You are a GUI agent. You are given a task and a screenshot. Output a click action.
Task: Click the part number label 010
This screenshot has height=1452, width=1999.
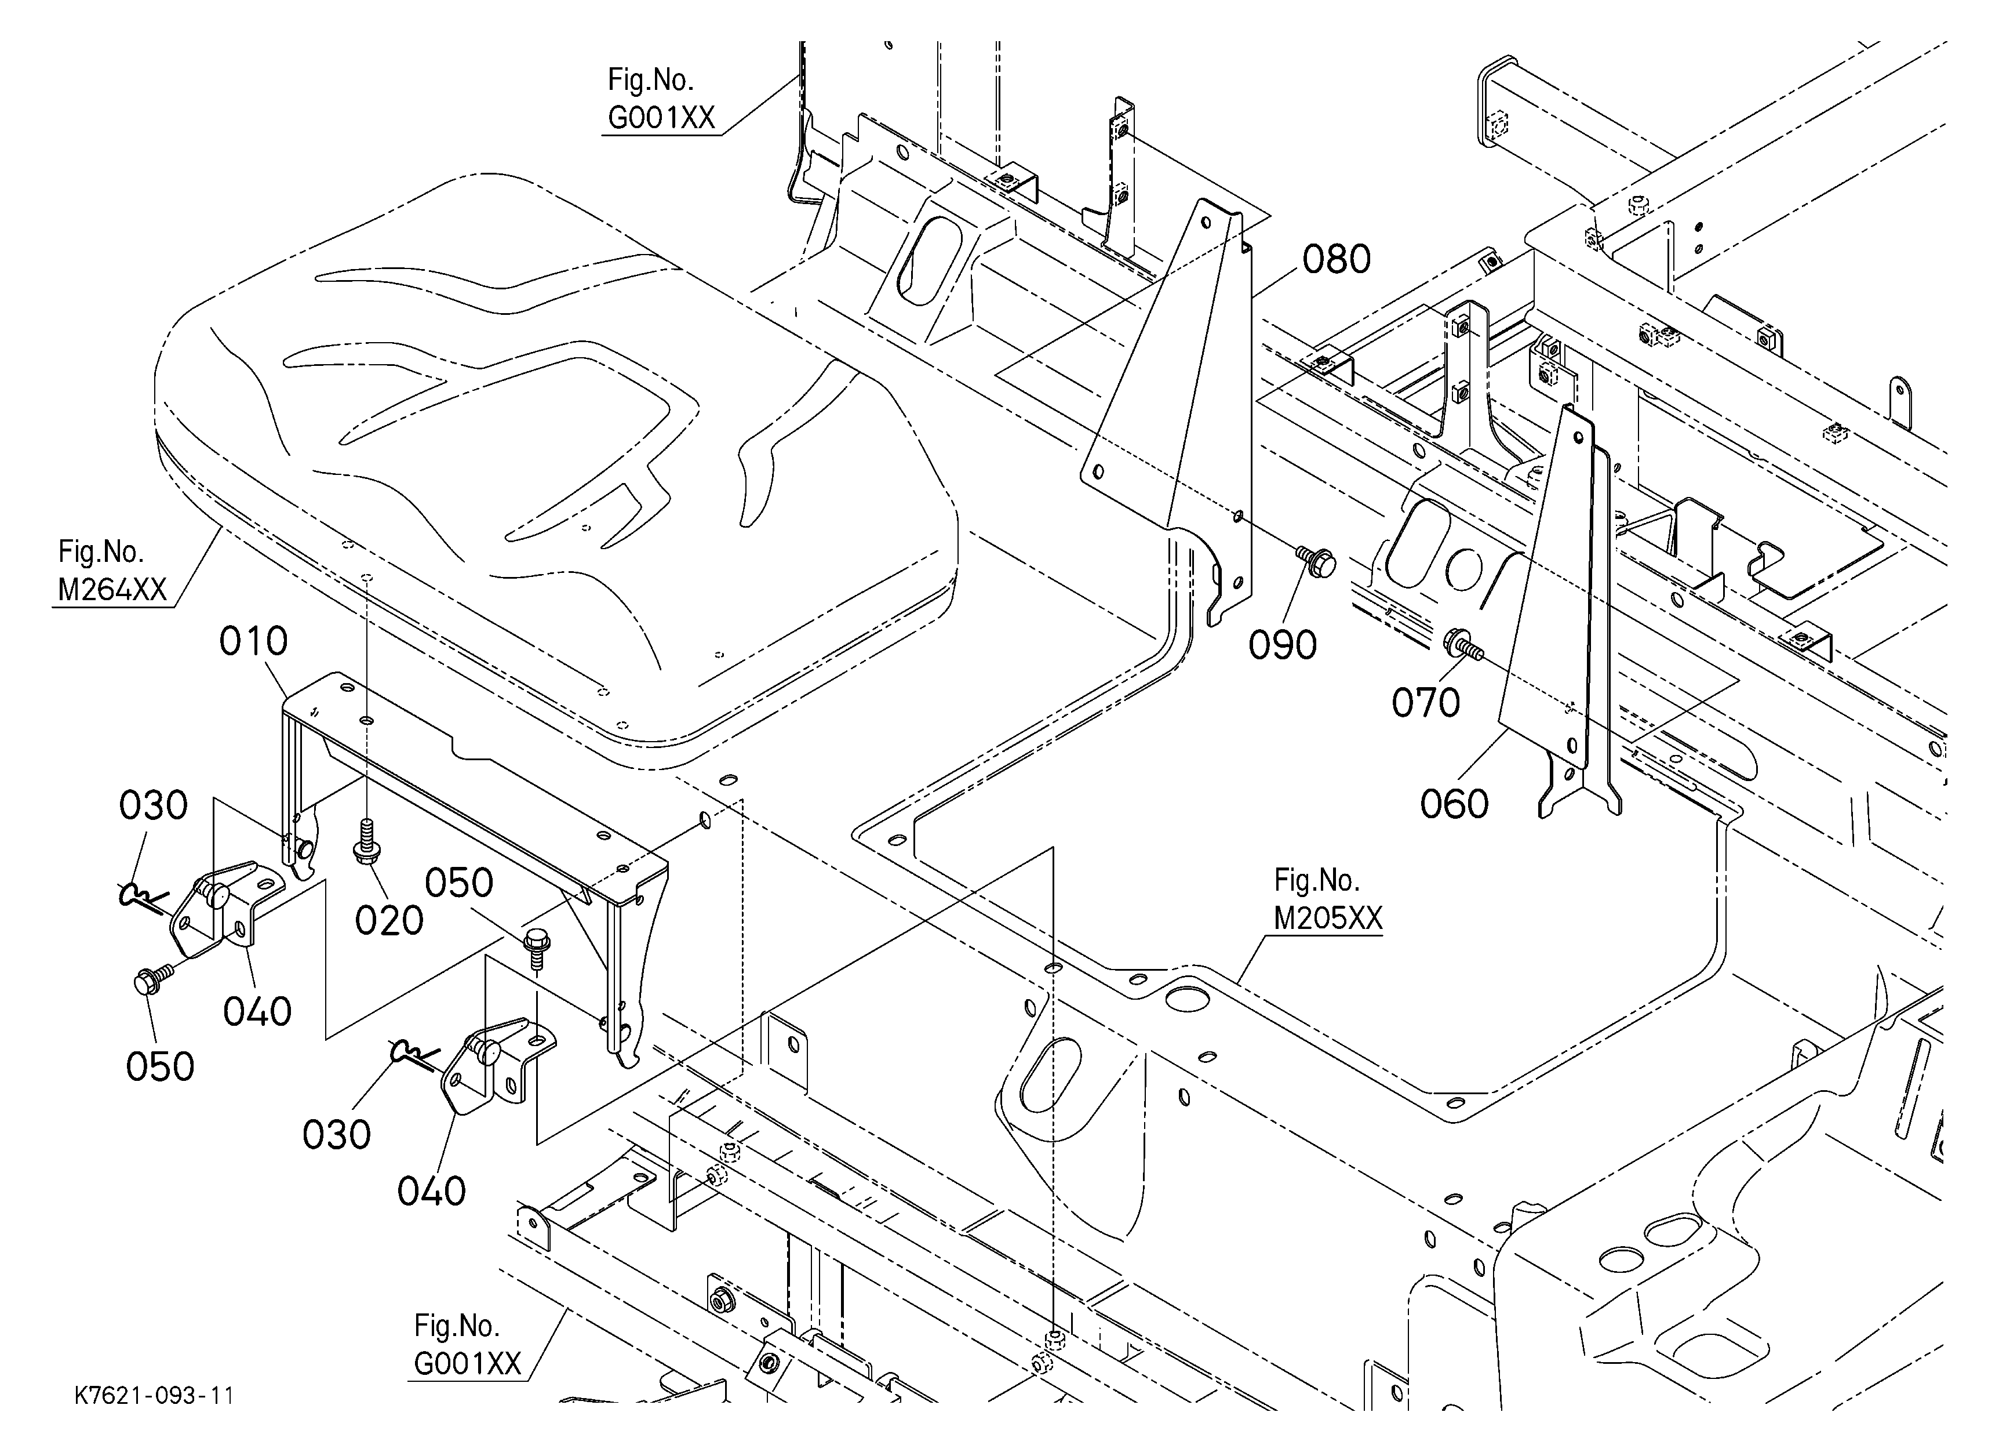[254, 642]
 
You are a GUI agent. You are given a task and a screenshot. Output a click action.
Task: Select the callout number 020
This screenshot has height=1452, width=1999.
[389, 921]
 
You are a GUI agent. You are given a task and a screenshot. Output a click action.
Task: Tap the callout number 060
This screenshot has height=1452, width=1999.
[1454, 804]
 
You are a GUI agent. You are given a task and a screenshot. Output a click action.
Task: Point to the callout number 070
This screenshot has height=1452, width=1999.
[1426, 703]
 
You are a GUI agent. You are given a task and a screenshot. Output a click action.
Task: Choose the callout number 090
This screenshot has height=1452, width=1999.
[1283, 645]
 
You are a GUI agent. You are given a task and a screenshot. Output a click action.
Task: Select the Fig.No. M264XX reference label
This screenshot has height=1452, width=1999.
[113, 571]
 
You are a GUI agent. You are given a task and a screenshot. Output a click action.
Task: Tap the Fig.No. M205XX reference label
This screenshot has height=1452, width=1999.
[1328, 899]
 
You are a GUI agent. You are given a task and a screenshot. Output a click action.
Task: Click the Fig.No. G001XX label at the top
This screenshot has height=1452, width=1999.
[661, 99]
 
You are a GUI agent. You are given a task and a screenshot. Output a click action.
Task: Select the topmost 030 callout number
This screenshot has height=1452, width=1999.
[154, 806]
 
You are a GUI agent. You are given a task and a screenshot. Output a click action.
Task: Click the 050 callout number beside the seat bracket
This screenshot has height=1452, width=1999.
[459, 883]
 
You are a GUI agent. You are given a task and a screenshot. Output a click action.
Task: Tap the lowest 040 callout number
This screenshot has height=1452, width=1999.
[431, 1192]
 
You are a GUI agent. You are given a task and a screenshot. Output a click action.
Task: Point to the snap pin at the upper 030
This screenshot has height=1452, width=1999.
[141, 896]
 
